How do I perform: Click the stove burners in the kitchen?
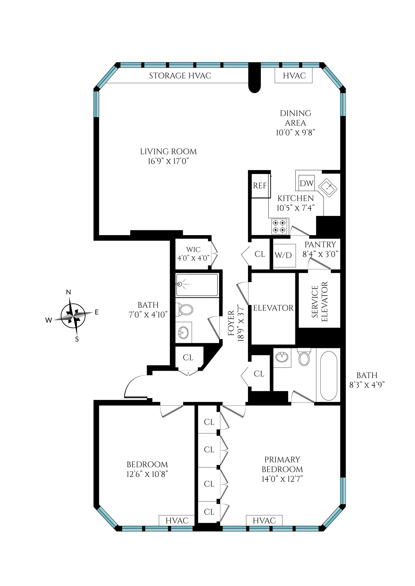coord(279,226)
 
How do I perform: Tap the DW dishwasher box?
coord(306,183)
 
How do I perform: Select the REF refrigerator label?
coord(260,186)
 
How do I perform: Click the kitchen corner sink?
coord(327,188)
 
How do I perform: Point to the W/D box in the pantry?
coord(284,255)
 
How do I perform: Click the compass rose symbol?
coord(73,316)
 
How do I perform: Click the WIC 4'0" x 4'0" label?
coord(193,254)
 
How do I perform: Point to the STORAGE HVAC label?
coord(180,76)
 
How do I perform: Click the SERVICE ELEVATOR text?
coord(319,301)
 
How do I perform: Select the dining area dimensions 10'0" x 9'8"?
coord(295,133)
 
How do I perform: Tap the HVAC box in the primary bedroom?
coord(264,520)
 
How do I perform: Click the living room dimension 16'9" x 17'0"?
coord(168,161)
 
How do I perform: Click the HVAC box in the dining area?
coord(294,76)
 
